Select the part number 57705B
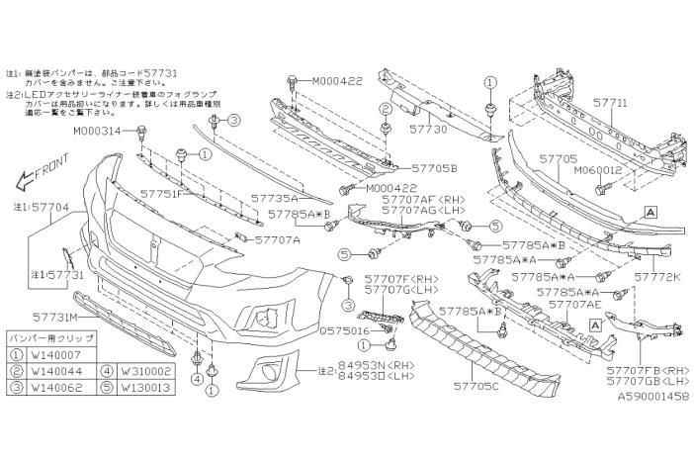tap(434, 168)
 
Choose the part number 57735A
tap(279, 198)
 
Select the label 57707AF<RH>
tap(423, 199)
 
